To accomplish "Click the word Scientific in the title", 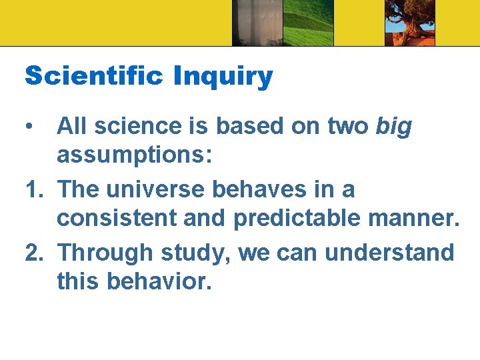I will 94,77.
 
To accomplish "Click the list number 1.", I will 33,189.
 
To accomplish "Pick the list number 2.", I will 34,253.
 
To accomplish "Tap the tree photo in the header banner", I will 409,23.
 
